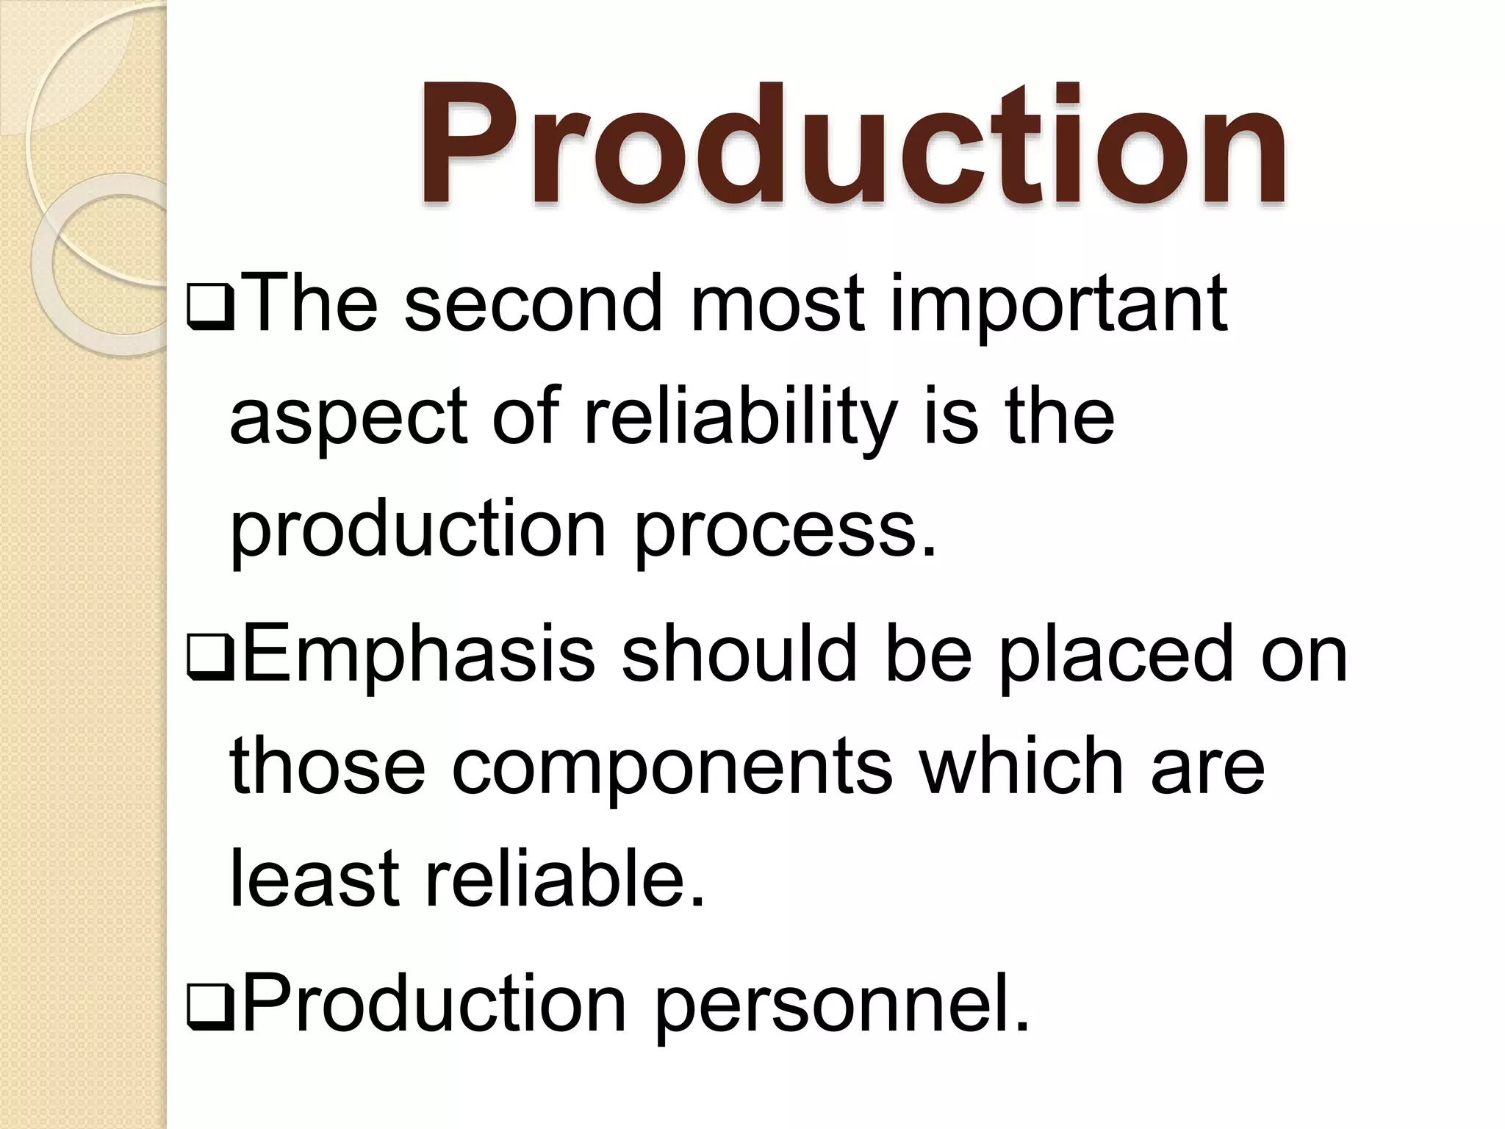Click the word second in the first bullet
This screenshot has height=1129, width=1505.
534,304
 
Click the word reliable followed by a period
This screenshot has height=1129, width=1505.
564,878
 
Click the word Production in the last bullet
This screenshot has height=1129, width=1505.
434,1003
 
